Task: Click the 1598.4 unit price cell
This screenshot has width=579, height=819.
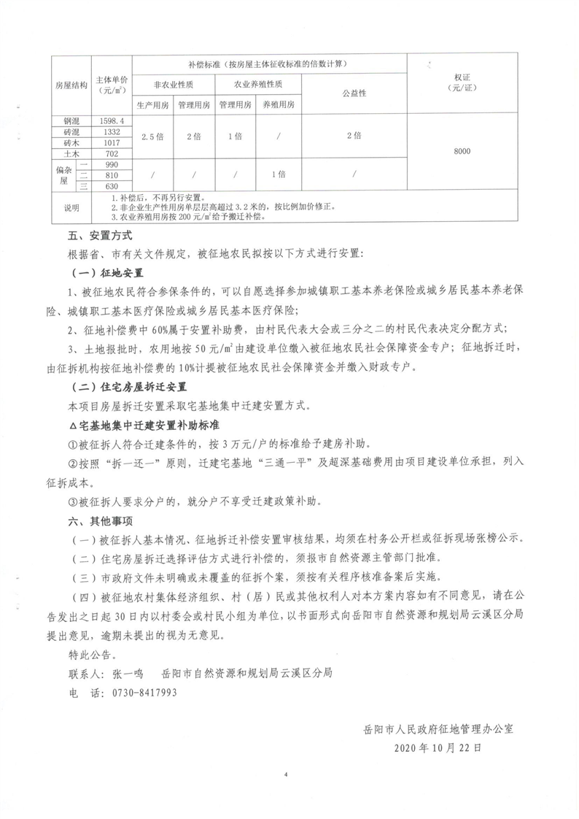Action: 112,120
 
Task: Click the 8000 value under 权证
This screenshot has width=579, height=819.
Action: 462,151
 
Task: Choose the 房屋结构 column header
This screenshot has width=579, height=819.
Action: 71,85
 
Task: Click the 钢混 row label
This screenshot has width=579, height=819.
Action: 71,120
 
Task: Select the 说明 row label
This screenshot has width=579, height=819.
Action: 71,207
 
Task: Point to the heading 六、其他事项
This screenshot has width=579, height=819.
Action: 100,521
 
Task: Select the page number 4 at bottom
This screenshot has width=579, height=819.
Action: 288,774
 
